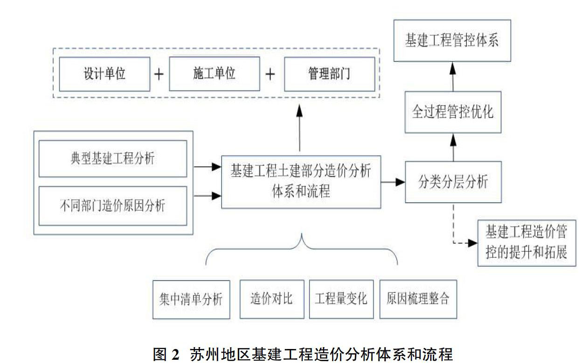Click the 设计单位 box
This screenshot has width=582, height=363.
(105, 74)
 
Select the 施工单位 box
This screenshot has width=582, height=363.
(215, 74)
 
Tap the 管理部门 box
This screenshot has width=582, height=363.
(329, 74)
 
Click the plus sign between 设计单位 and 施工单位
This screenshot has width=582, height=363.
(159, 74)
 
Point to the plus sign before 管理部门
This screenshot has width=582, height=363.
(270, 74)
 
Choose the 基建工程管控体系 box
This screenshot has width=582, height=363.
(452, 41)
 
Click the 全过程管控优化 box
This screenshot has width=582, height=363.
(453, 112)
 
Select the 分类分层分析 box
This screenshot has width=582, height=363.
(453, 182)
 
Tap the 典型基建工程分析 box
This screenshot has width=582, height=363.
(113, 159)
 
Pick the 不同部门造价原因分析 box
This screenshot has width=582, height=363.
(113, 206)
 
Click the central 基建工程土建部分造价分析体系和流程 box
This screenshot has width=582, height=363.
(301, 182)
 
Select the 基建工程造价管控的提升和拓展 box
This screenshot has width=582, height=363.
(527, 243)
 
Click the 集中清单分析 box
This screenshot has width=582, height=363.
(191, 299)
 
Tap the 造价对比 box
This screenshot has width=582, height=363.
(272, 299)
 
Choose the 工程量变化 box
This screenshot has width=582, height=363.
(341, 299)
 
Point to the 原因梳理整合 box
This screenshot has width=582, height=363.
(418, 299)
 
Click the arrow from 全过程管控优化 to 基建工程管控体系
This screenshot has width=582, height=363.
(453, 77)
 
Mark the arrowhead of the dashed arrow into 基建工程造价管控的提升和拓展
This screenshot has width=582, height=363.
(473, 243)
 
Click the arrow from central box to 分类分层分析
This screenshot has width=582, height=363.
(393, 182)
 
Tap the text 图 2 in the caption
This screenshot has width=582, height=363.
(166, 355)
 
